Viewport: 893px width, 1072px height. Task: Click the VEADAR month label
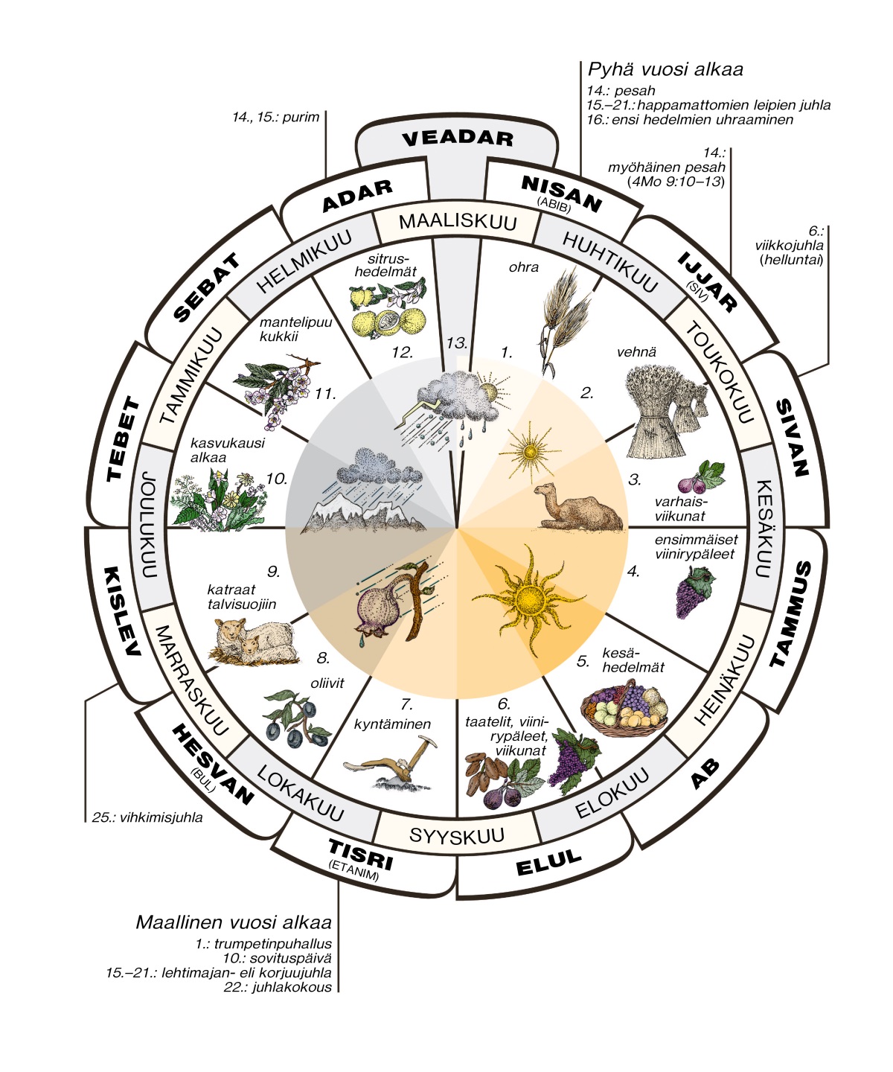pyautogui.click(x=457, y=138)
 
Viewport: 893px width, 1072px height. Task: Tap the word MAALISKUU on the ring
pyautogui.click(x=457, y=222)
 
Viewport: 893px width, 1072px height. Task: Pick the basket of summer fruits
pyautogui.click(x=624, y=709)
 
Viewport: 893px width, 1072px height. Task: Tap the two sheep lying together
pyautogui.click(x=254, y=641)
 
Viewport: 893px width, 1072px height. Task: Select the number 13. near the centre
pyautogui.click(x=456, y=342)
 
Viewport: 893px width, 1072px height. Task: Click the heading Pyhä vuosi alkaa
pyautogui.click(x=665, y=69)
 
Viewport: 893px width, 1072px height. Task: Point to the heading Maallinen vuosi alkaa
pyautogui.click(x=234, y=922)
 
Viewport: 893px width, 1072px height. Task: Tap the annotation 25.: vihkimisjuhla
pyautogui.click(x=147, y=817)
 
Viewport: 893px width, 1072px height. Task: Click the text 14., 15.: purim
pyautogui.click(x=275, y=117)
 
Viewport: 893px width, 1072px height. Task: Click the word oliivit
pyautogui.click(x=327, y=683)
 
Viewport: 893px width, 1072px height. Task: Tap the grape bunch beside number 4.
pyautogui.click(x=694, y=592)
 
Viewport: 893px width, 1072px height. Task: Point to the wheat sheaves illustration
pyautogui.click(x=665, y=411)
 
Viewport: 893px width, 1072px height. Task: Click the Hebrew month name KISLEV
pyautogui.click(x=123, y=611)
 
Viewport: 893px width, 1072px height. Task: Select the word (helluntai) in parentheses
pyautogui.click(x=791, y=260)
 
